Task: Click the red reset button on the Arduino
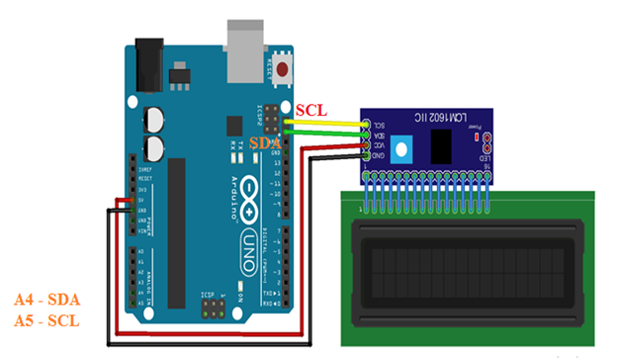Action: pyautogui.click(x=285, y=69)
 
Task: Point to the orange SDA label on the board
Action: pyautogui.click(x=265, y=143)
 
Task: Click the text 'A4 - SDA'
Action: pyautogui.click(x=47, y=300)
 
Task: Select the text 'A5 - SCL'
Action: pyautogui.click(x=47, y=321)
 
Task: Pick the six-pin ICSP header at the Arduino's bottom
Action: pyautogui.click(x=213, y=310)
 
